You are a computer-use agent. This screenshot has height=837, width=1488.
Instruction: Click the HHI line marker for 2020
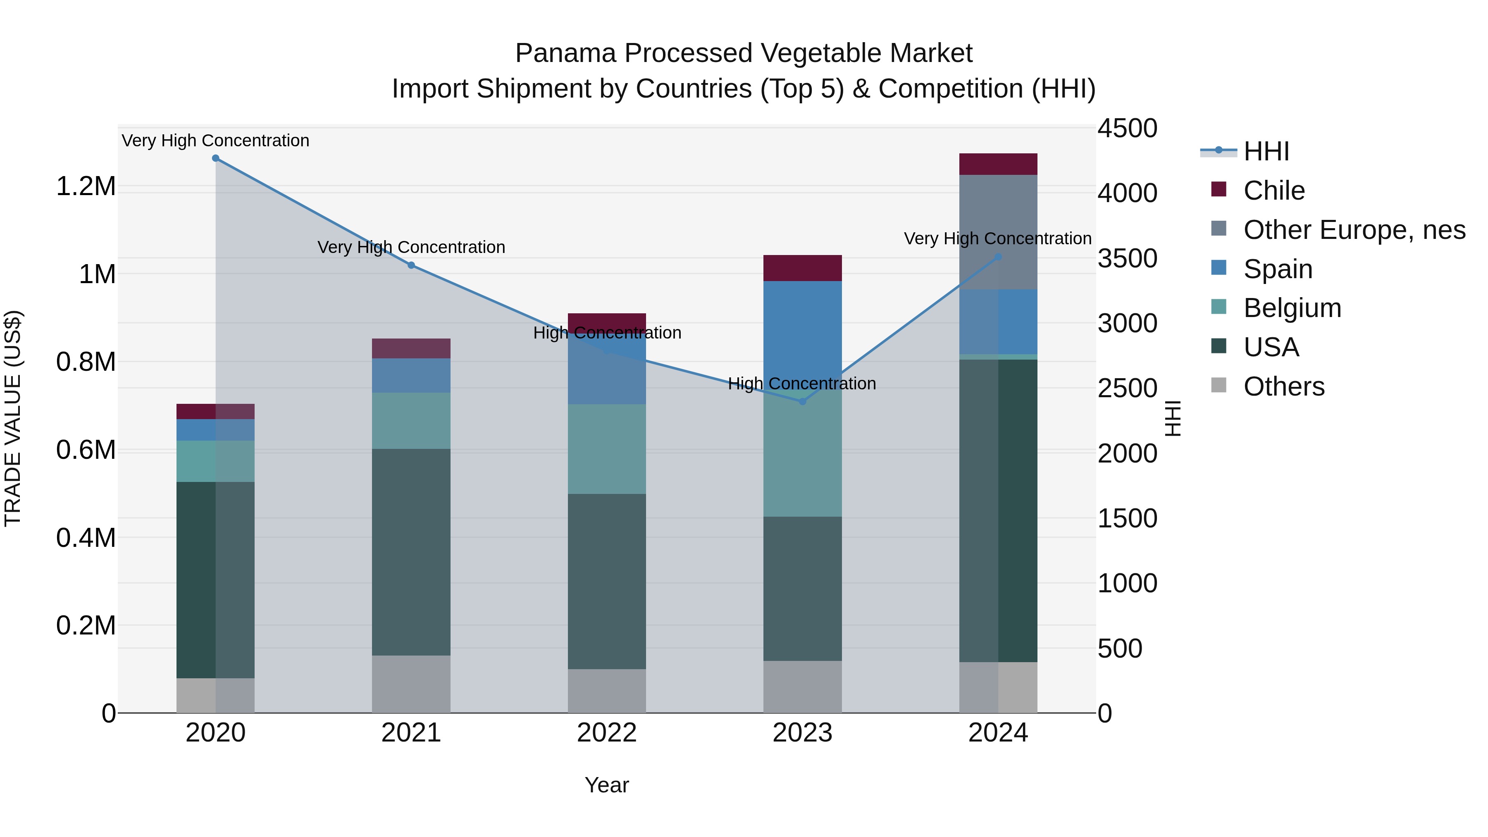click(215, 158)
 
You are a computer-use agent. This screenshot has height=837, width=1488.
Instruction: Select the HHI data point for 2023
click(802, 401)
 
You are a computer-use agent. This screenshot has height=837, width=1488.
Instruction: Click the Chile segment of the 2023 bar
click(802, 268)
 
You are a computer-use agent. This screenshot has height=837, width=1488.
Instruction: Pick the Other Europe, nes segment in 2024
click(998, 231)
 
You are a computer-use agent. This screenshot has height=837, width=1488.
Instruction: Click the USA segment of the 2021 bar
click(411, 552)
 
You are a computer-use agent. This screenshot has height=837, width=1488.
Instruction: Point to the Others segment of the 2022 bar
click(606, 691)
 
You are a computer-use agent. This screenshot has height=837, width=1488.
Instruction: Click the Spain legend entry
click(1278, 269)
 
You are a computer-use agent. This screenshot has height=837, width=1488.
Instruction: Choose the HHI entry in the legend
click(1266, 151)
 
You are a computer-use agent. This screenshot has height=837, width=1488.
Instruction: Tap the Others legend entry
click(1283, 386)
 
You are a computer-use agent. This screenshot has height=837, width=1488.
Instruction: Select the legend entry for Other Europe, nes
click(1354, 230)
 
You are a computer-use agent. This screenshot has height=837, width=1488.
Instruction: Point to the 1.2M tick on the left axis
click(86, 186)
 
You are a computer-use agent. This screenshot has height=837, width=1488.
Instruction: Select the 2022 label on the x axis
click(606, 733)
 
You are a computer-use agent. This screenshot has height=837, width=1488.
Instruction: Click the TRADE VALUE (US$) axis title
click(13, 418)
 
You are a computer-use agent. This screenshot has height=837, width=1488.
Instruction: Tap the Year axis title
click(606, 785)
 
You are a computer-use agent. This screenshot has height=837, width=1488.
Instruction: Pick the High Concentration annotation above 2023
click(802, 384)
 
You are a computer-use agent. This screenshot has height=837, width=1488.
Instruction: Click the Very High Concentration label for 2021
click(411, 247)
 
